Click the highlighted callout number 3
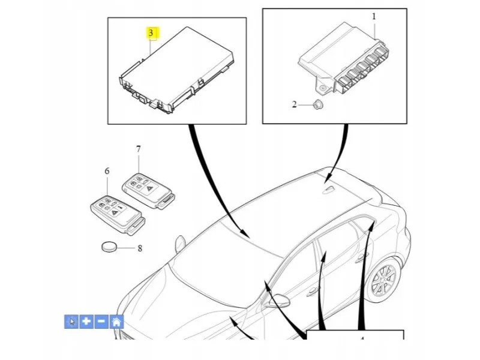151,32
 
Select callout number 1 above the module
374,16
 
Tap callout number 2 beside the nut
294,104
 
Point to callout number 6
107,171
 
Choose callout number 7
139,149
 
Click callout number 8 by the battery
140,248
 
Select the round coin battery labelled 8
109,247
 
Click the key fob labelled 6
118,215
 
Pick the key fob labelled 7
148,191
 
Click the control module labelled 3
176,70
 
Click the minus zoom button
101,322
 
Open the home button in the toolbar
116,322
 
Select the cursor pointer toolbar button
71,322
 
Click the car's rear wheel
383,280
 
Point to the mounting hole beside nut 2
323,88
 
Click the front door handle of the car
312,292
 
